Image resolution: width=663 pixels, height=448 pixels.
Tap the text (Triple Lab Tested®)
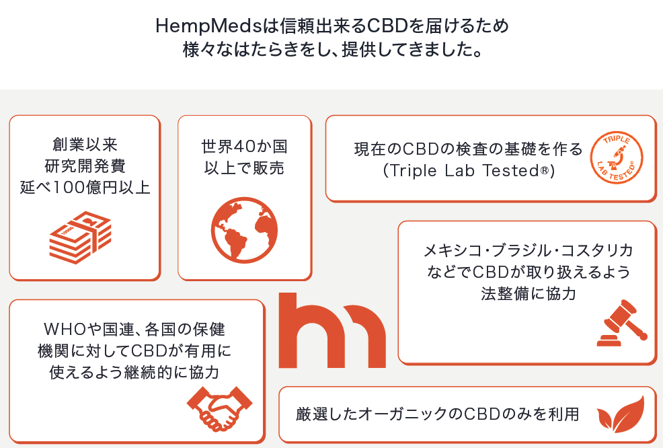click(x=468, y=171)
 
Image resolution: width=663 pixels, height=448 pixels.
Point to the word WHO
click(x=67, y=331)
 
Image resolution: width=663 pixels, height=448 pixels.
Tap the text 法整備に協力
click(x=528, y=293)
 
